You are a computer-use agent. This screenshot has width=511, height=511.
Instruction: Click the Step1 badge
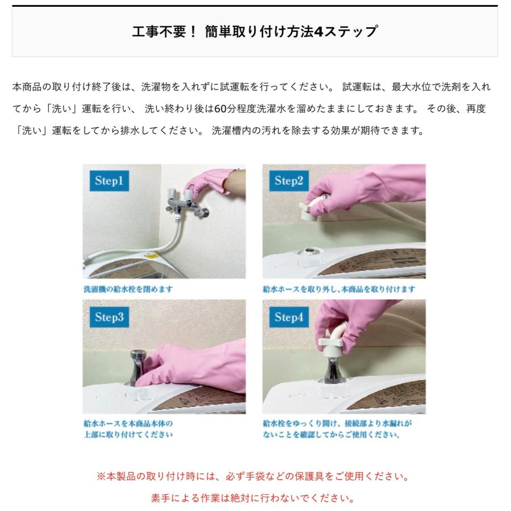[x=110, y=182]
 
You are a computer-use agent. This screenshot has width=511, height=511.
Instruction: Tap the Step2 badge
[x=290, y=182]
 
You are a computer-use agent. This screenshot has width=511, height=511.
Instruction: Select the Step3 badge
[x=110, y=317]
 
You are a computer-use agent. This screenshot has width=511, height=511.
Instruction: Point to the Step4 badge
[x=290, y=317]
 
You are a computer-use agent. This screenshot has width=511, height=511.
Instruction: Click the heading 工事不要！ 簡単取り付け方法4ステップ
[x=254, y=31]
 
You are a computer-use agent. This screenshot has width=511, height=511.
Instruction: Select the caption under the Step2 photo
[x=338, y=289]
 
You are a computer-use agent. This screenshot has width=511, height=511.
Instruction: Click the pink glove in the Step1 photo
[x=219, y=183]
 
